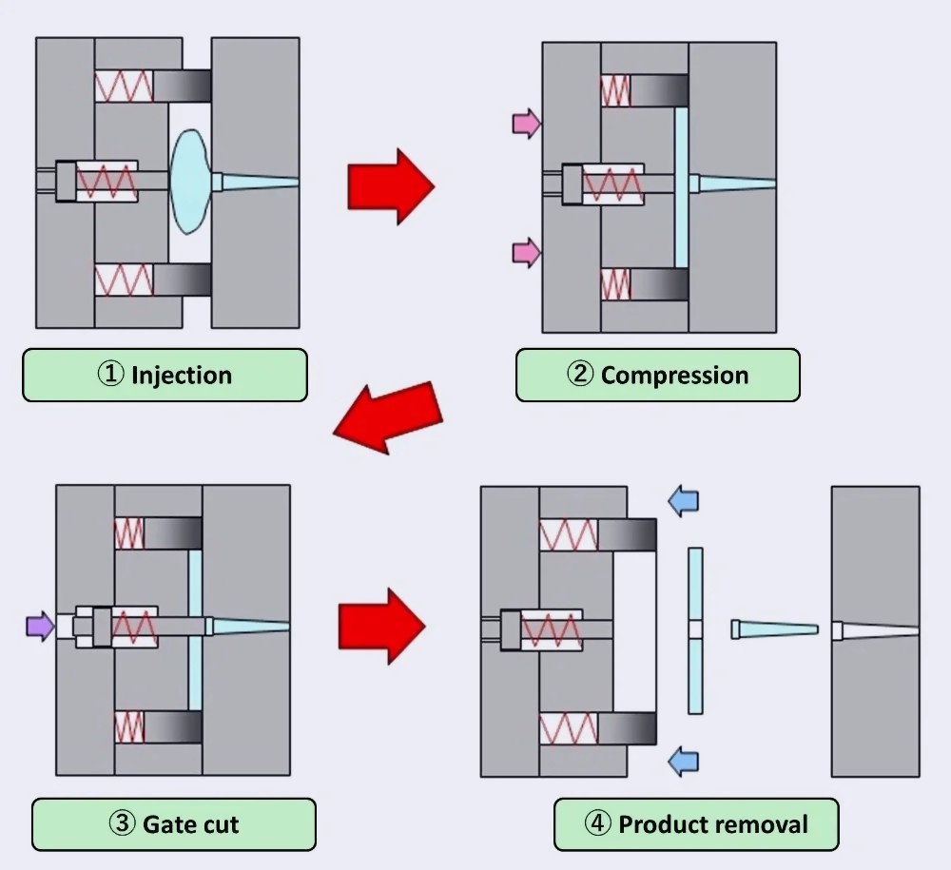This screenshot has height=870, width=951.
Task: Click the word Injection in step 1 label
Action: click(182, 375)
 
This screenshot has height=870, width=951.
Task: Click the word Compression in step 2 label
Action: click(674, 375)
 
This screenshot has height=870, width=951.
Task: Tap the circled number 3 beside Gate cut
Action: click(123, 823)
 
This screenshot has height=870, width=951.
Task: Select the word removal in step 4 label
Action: click(764, 823)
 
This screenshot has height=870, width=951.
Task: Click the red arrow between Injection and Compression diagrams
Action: click(390, 185)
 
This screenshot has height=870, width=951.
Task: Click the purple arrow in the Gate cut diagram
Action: click(40, 627)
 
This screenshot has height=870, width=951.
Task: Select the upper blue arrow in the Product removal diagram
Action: click(683, 501)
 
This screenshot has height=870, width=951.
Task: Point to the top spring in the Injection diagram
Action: click(124, 86)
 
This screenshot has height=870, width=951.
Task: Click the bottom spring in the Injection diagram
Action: click(124, 280)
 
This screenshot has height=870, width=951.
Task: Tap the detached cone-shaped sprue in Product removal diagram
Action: click(774, 629)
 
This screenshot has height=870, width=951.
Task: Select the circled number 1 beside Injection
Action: click(110, 375)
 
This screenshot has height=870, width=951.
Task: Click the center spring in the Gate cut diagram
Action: click(134, 627)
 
